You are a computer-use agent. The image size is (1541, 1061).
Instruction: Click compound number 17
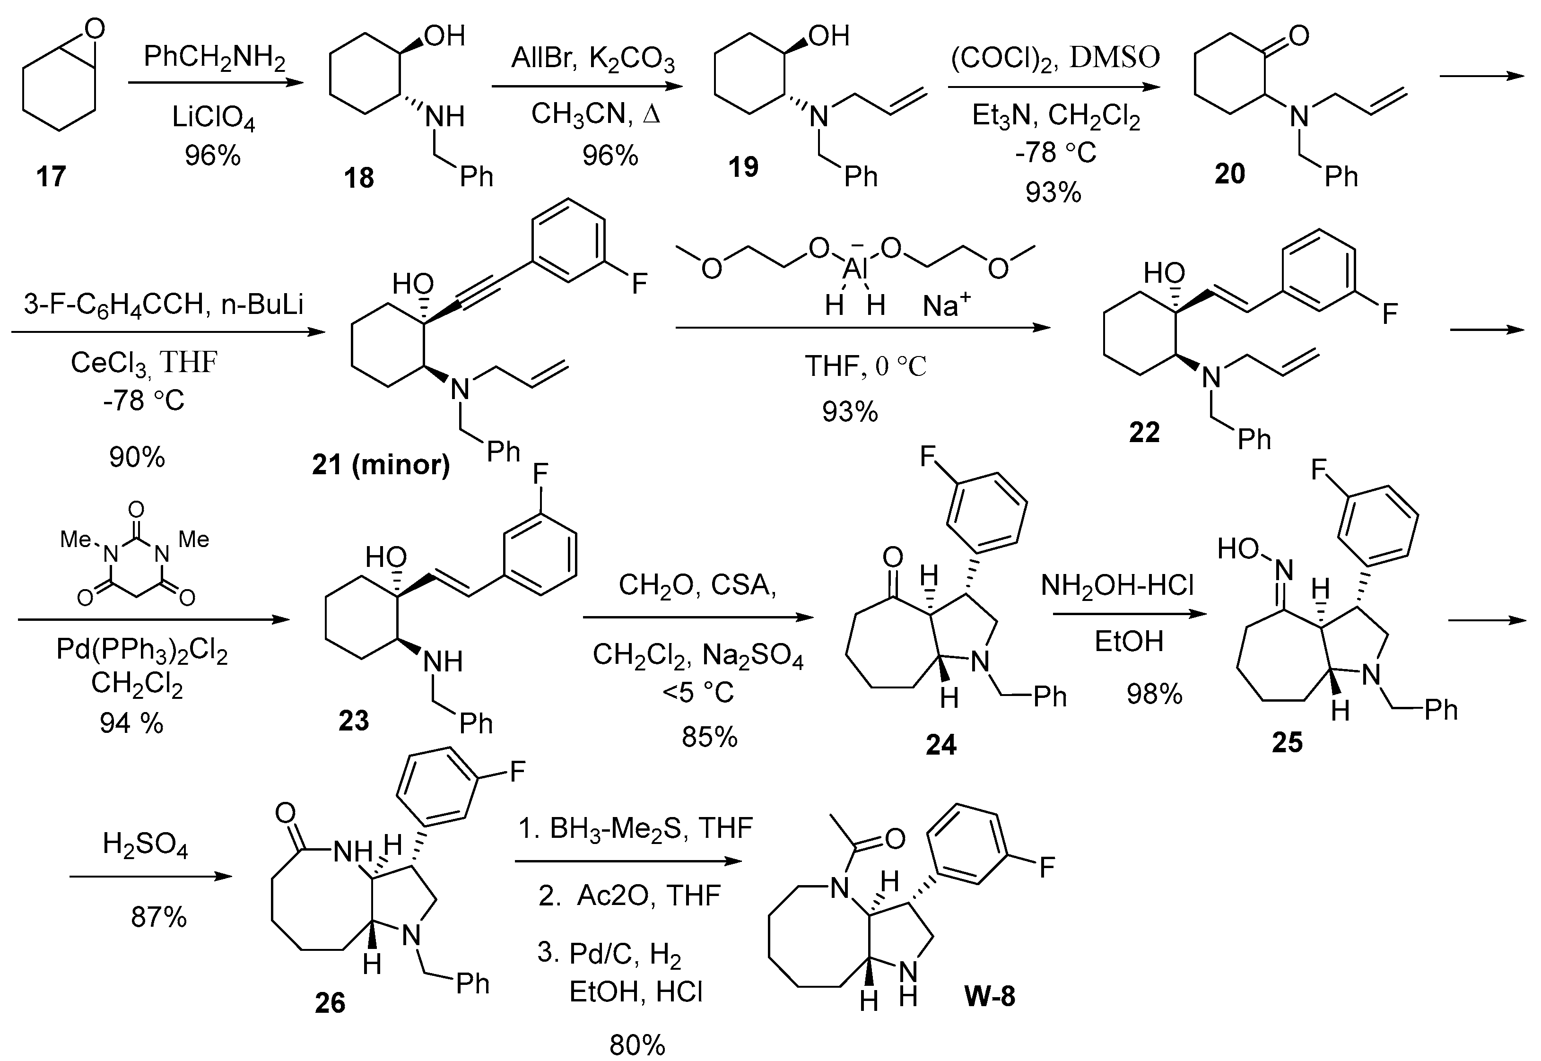click(51, 177)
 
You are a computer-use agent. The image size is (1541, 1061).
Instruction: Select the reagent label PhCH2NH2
click(214, 59)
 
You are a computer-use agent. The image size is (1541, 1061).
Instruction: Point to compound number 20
click(1229, 174)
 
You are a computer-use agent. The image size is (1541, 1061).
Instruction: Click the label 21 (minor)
click(381, 464)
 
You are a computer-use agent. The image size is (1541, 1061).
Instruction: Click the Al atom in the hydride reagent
click(853, 268)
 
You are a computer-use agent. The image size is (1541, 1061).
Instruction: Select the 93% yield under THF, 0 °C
click(850, 412)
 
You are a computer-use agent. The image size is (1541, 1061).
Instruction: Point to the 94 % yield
click(131, 722)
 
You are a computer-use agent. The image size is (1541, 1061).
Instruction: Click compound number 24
click(940, 745)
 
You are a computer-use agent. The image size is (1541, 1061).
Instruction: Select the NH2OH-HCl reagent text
click(1117, 586)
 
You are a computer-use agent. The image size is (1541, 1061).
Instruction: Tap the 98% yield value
click(1154, 694)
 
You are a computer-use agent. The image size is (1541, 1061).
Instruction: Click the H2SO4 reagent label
click(145, 845)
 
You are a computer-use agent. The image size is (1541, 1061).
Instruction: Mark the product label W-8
click(989, 997)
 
